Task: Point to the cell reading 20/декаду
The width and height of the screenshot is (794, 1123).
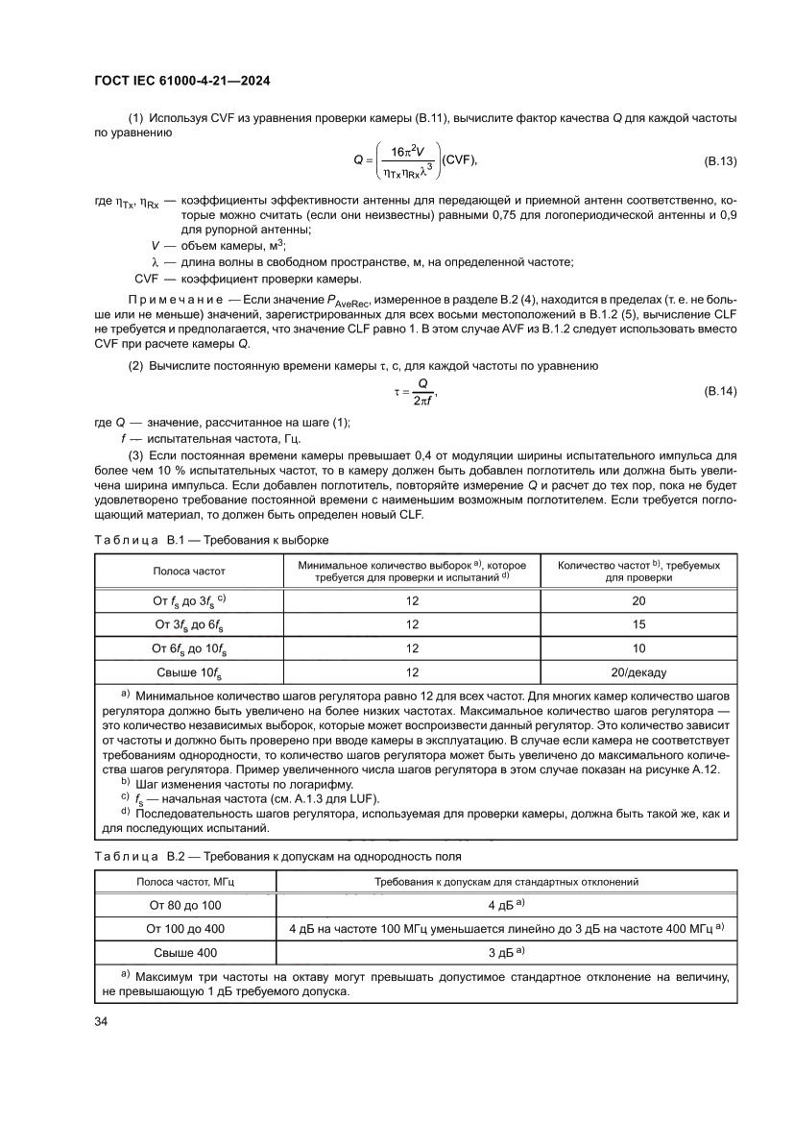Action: (x=639, y=671)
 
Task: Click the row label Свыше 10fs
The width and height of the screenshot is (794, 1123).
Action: (x=189, y=672)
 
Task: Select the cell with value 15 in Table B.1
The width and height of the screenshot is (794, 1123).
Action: (x=639, y=624)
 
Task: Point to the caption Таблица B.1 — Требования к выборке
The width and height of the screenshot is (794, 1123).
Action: (x=210, y=539)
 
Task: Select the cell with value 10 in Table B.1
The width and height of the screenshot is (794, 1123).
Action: (x=639, y=648)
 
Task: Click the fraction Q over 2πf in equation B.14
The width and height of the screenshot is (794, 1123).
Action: (x=421, y=392)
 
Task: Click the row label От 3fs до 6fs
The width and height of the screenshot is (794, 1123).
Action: (x=189, y=624)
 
